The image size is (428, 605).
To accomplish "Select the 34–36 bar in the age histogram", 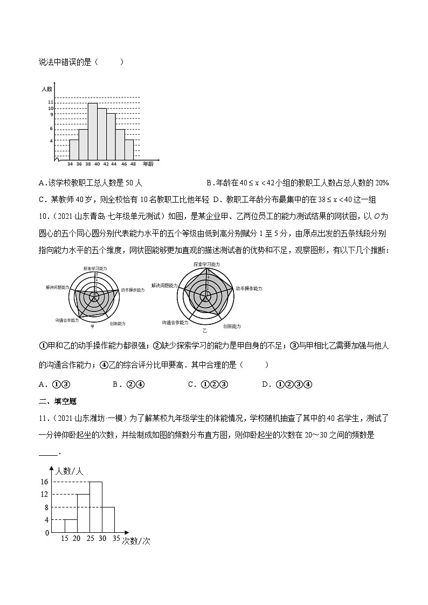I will [74, 149].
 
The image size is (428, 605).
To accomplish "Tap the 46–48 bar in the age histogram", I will [129, 149].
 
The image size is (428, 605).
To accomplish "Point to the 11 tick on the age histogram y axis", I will [51, 102].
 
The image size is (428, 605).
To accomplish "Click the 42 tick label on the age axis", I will [106, 163].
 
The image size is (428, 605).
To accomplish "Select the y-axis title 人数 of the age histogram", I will [46, 88].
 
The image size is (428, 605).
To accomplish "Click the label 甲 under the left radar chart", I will [92, 326].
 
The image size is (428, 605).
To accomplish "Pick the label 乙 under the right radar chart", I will [204, 329].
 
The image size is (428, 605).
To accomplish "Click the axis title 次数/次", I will [135, 541].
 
